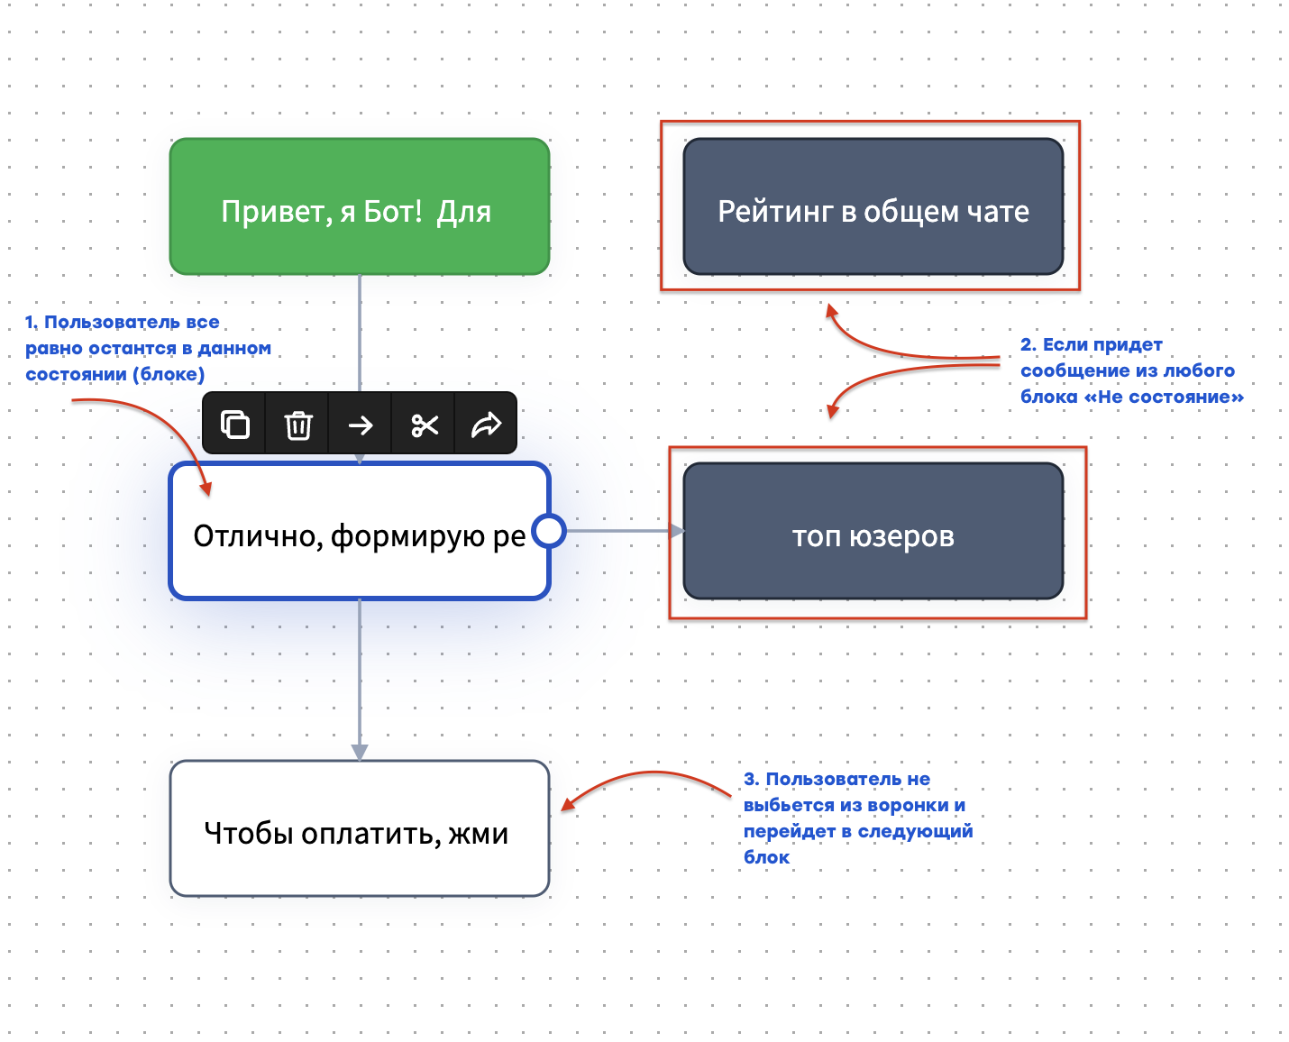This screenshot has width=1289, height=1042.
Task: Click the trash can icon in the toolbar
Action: [298, 425]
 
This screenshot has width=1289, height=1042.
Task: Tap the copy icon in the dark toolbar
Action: [235, 425]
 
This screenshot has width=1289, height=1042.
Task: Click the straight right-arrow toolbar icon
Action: [361, 425]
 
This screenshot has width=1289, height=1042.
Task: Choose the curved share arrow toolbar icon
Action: [486, 425]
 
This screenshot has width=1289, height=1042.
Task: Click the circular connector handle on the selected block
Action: [549, 531]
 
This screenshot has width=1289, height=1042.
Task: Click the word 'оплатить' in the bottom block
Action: [370, 834]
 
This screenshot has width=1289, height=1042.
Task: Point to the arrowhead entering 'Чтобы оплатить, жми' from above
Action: [360, 752]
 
